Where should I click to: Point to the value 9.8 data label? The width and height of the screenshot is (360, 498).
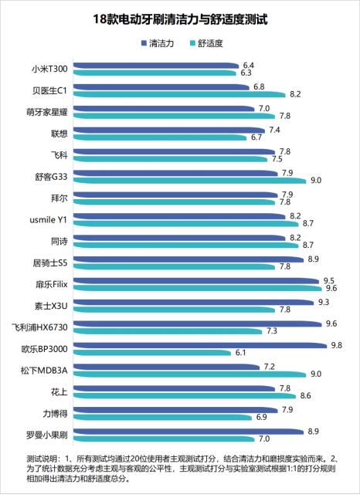coord(336,344)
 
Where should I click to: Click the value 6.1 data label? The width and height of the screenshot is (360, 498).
coord(240,352)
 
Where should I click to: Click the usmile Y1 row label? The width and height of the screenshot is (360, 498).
coord(47,221)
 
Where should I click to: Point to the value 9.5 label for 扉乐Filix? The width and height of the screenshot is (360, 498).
coord(328,280)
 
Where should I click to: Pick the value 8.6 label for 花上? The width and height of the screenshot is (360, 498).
coord(305,395)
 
